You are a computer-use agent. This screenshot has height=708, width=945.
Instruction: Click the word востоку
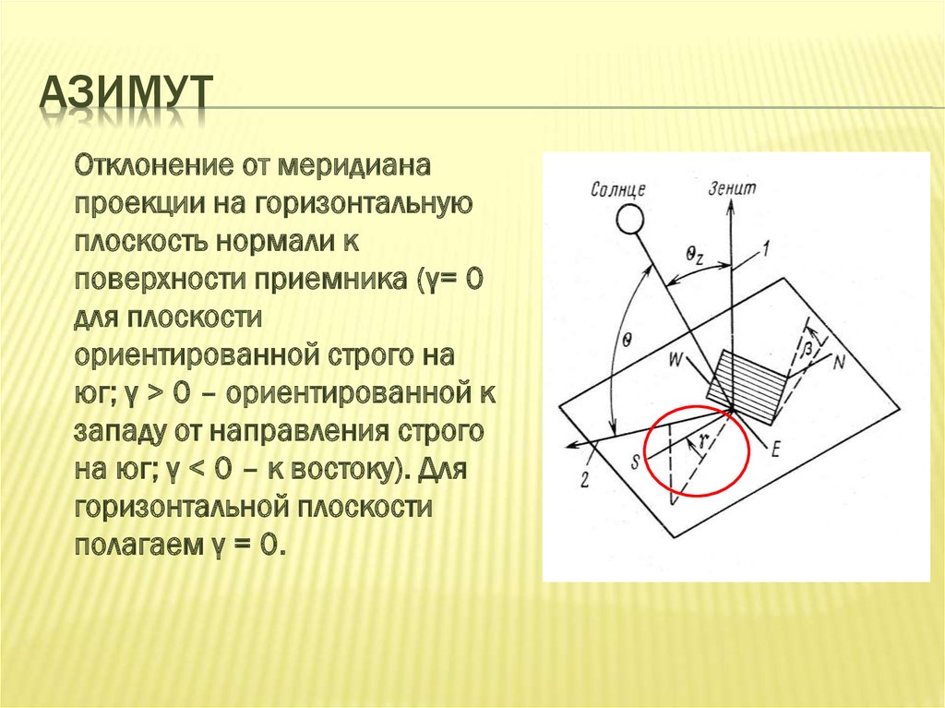pyautogui.click(x=348, y=469)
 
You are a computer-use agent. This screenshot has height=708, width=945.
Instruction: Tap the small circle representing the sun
pyautogui.click(x=630, y=220)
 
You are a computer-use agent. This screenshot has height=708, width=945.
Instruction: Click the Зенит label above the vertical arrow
pyautogui.click(x=732, y=187)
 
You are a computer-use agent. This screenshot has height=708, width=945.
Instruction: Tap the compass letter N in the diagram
pyautogui.click(x=838, y=362)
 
